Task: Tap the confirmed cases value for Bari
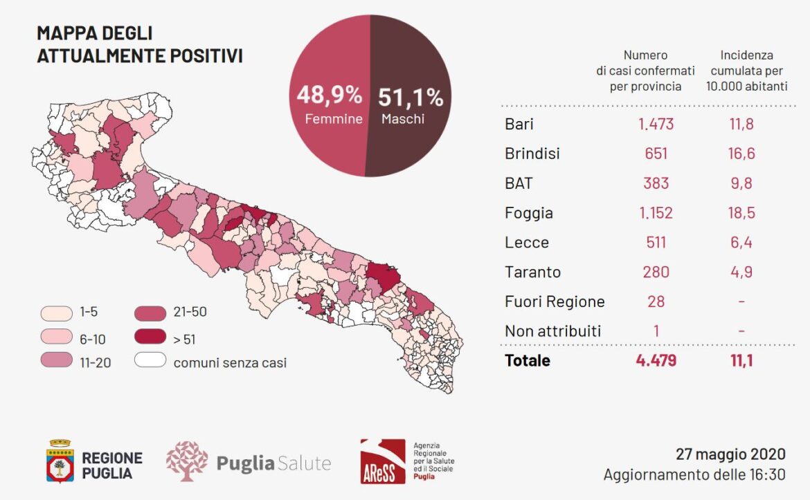(656, 124)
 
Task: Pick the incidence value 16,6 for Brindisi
(741, 154)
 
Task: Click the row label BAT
(518, 183)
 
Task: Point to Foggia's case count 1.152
(656, 212)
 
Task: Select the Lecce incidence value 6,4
(741, 242)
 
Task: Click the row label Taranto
(532, 272)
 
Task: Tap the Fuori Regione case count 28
(656, 302)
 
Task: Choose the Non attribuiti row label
(552, 331)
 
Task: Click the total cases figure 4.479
(656, 360)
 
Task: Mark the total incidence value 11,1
(741, 360)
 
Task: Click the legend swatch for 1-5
(56, 313)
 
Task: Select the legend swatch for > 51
(150, 336)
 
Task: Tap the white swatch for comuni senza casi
(150, 360)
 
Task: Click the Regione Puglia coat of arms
(60, 461)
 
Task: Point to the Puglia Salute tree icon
(187, 461)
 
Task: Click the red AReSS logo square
(383, 461)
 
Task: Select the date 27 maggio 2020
(730, 454)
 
